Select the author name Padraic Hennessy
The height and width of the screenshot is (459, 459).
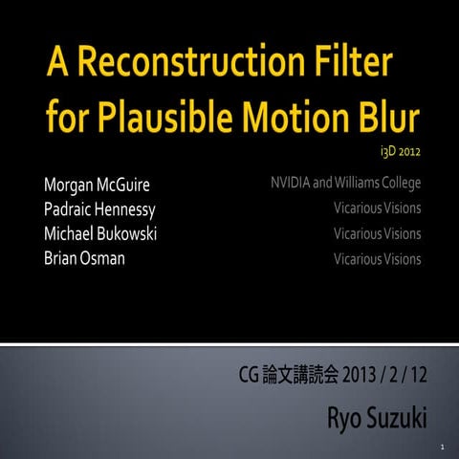97,208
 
